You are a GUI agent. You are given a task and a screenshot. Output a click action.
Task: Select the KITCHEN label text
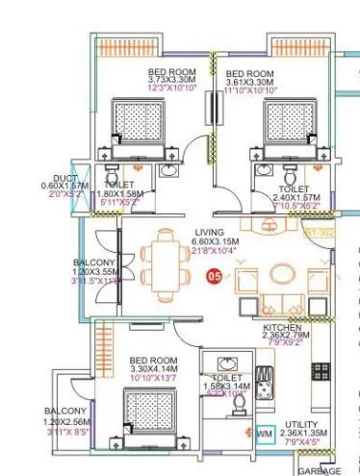coord(283,328)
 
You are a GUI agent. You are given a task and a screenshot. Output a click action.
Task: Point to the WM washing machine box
coord(265,435)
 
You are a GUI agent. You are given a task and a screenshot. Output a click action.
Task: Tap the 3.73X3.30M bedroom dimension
coord(174,83)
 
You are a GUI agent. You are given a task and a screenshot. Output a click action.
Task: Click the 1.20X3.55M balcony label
coord(95,271)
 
